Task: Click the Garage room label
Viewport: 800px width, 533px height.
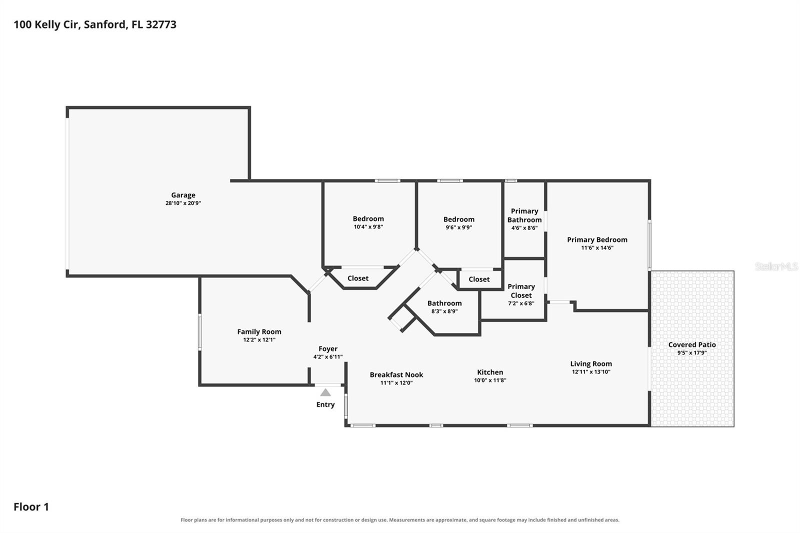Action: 183,195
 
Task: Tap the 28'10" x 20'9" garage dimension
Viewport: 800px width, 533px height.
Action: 183,203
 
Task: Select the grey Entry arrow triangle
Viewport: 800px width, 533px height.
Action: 325,392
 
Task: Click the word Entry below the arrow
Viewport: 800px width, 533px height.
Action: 325,404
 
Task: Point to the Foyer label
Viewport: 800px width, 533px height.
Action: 328,348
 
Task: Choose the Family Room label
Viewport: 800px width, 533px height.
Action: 259,331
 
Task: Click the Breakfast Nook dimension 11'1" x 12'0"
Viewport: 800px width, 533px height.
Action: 396,383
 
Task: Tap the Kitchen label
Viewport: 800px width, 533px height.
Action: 490,372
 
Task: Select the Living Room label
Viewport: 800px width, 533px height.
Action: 591,363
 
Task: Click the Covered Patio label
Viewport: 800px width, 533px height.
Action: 692,344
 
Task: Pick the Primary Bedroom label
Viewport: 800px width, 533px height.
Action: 597,239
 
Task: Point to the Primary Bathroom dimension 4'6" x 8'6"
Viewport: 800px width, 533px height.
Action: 524,228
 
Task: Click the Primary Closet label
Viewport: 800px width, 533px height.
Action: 521,291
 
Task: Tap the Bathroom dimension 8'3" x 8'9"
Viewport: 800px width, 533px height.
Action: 444,311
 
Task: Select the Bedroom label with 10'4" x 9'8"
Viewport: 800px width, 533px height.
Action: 368,218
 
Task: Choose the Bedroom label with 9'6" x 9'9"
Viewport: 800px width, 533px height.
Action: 459,219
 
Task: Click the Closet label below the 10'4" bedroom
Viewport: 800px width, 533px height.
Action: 358,278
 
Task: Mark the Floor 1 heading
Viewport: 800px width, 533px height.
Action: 31,507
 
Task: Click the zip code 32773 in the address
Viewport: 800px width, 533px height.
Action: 161,24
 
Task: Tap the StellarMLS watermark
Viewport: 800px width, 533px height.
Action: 776,266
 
